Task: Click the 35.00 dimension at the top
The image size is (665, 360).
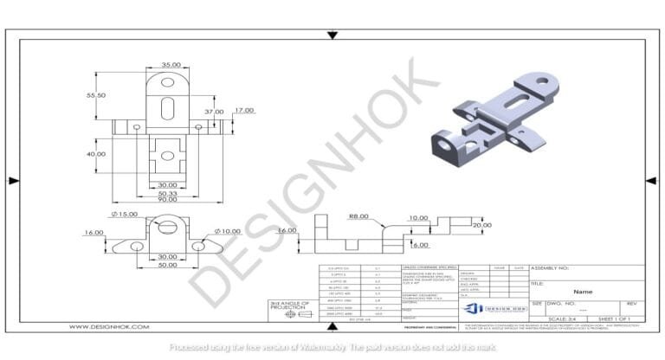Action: click(171, 65)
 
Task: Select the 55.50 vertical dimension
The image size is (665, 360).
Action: click(95, 95)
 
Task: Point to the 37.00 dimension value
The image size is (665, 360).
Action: click(214, 112)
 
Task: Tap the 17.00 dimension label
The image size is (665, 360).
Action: click(244, 110)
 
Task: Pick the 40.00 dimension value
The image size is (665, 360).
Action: click(95, 154)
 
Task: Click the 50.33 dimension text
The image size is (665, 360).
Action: click(167, 192)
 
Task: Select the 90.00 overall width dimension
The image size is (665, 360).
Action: click(167, 200)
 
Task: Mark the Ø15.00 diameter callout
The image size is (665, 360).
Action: click(125, 214)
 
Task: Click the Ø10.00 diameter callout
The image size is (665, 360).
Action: click(228, 231)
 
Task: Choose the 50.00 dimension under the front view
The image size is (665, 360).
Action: click(167, 264)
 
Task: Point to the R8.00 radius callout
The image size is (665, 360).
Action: click(358, 217)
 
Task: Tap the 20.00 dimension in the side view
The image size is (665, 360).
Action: click(481, 225)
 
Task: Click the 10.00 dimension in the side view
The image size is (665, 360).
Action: click(418, 218)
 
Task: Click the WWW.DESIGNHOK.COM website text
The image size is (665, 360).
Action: click(109, 326)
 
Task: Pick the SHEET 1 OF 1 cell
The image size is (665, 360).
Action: click(617, 318)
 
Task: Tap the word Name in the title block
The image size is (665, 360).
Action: click(583, 292)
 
